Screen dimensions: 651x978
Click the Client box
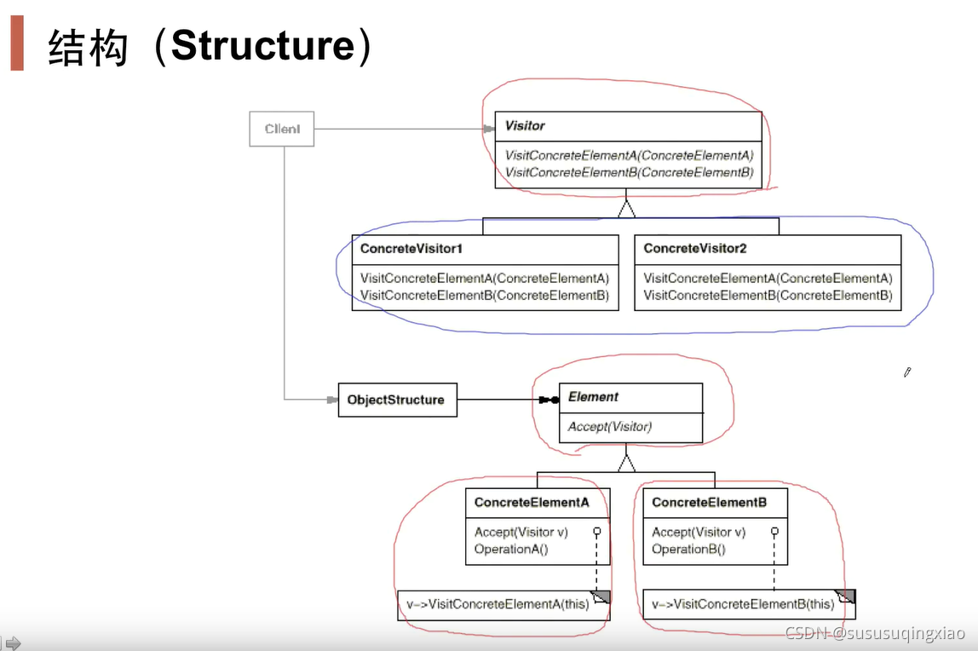pos(281,130)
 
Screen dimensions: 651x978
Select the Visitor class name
pos(525,125)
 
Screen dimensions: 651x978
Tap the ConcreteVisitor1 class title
pos(411,249)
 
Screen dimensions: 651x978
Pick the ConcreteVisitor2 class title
pos(694,249)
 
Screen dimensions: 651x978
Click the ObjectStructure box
pos(397,400)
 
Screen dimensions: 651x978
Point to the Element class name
pos(593,397)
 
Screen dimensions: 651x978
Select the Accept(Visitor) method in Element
pos(609,426)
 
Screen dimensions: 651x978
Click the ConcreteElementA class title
pos(532,503)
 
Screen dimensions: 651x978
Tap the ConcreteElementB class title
pos(709,503)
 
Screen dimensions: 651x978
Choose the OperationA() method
pos(511,549)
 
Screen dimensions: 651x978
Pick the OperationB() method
pos(688,549)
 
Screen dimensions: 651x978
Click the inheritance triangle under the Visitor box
pos(627,208)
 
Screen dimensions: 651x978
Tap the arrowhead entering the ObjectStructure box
pos(332,400)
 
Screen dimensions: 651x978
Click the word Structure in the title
pos(262,46)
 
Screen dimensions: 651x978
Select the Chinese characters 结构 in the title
pos(88,47)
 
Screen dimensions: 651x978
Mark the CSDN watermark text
pos(875,633)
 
